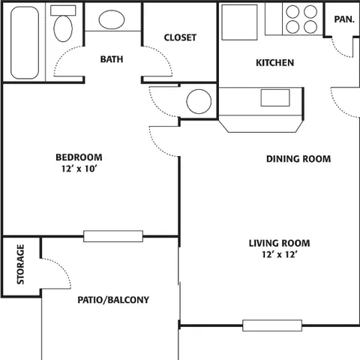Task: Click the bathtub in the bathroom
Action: click(x=25, y=43)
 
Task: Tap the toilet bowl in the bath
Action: click(x=63, y=28)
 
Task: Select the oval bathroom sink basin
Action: click(x=112, y=19)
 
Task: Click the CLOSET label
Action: click(x=180, y=37)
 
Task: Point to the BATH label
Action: click(x=112, y=59)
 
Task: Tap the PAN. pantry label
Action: click(x=344, y=19)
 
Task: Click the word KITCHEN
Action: click(x=274, y=63)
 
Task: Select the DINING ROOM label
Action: click(x=298, y=159)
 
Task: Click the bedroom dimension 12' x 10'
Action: click(x=79, y=169)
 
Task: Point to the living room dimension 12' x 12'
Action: click(x=279, y=254)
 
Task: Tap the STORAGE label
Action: click(x=20, y=264)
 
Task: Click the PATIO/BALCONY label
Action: click(x=113, y=300)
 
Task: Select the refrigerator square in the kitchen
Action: click(x=239, y=22)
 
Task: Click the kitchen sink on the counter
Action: click(x=275, y=97)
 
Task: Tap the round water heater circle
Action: click(x=199, y=101)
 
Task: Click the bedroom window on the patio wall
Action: click(x=113, y=236)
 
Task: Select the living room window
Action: click(x=272, y=325)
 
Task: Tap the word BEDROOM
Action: click(x=79, y=157)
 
